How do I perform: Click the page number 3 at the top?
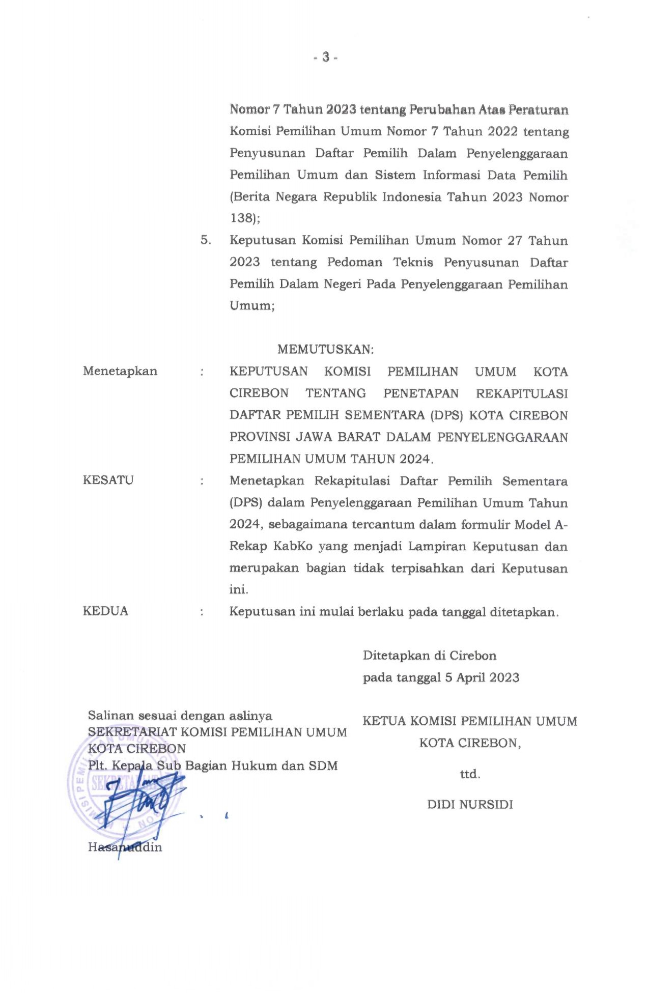pos(325,58)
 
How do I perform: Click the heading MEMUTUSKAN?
pos(325,350)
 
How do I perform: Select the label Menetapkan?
pos(120,371)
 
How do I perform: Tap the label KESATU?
pos(108,480)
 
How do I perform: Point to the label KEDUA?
pos(105,611)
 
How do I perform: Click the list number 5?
pos(206,240)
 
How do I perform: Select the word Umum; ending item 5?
pos(252,306)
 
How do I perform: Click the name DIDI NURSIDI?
pos(470,805)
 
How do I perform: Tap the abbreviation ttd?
pos(470,775)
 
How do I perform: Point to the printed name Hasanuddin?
pos(125,847)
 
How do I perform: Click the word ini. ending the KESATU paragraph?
pos(239,590)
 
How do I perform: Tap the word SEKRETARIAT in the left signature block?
pos(132,732)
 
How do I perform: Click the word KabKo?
pos(293,547)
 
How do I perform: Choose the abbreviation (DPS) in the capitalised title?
pos(447,415)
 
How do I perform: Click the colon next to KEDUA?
pos(203,612)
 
